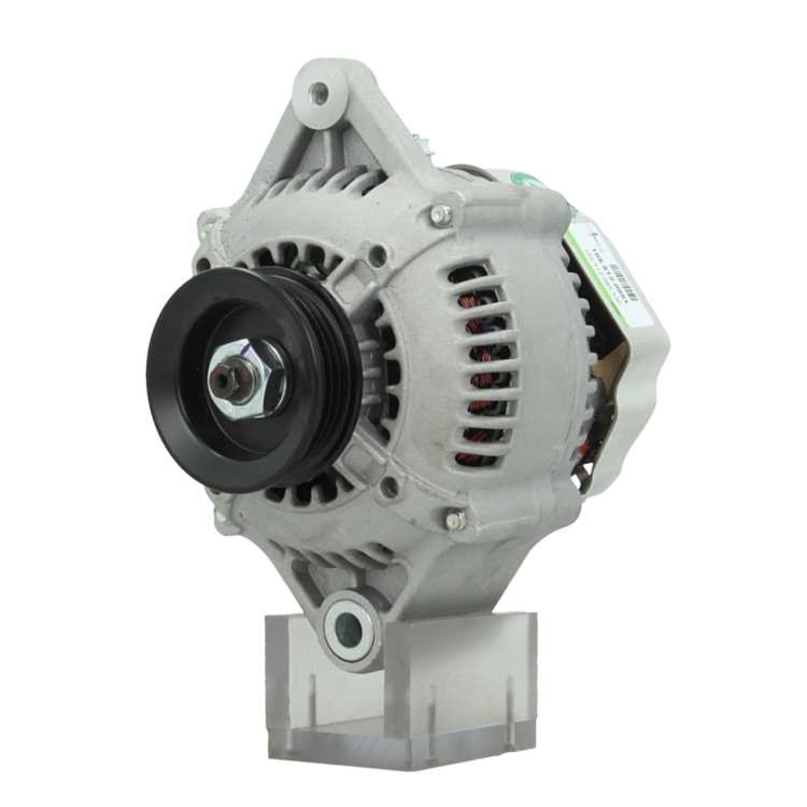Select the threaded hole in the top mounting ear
(320, 90)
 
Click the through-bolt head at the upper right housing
(441, 214)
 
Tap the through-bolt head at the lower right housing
(456, 521)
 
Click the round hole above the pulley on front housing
(377, 257)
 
